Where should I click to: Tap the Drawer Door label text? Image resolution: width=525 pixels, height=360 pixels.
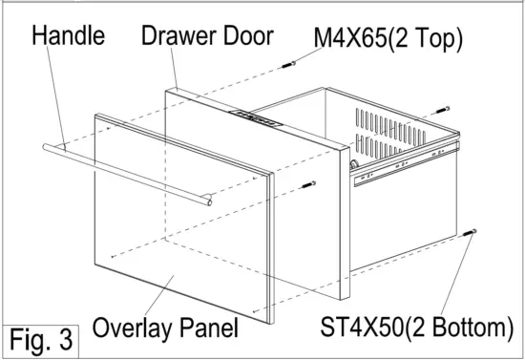coord(207,37)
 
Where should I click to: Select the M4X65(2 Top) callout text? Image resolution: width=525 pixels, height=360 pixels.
coord(388,39)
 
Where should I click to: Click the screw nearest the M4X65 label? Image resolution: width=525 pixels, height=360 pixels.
coord(288,65)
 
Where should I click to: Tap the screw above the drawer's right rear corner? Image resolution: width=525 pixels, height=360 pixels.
coord(441,111)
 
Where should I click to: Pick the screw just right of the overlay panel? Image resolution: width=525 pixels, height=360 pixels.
coord(306,184)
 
